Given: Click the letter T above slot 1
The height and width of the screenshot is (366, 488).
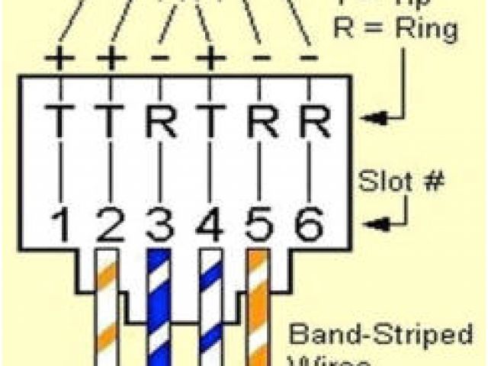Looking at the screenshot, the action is [58, 120].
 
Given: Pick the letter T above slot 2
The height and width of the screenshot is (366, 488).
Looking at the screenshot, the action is [110, 120].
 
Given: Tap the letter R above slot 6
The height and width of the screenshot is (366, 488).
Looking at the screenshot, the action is [308, 120].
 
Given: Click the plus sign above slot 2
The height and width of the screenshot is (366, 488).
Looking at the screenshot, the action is [110, 59].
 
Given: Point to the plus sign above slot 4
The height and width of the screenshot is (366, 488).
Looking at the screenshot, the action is [209, 59].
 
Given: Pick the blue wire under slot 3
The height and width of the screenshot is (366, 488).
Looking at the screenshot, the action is [159, 305].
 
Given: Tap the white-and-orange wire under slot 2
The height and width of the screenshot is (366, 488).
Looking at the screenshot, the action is [108, 305].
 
